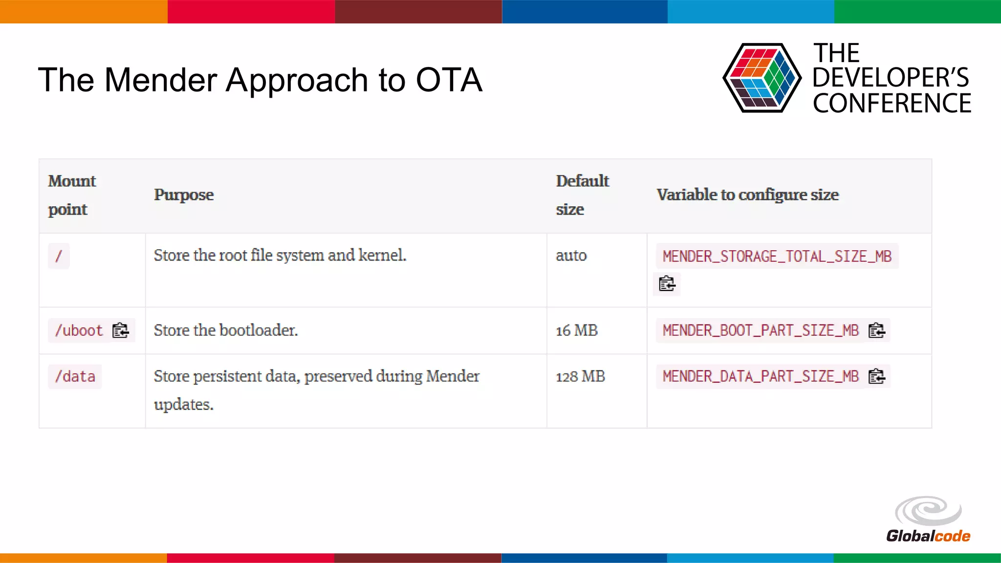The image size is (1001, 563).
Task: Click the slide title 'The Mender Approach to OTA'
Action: (x=260, y=80)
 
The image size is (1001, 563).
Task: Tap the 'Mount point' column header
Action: (x=72, y=195)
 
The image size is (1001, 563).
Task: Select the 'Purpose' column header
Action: (x=184, y=195)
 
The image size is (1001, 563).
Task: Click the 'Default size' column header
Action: (x=582, y=195)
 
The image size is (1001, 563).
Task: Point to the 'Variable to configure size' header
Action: (x=747, y=195)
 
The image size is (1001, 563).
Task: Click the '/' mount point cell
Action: (x=59, y=256)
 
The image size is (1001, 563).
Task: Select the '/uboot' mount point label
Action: (x=79, y=330)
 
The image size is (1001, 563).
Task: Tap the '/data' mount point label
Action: (x=75, y=377)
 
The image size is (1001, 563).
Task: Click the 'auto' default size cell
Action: (x=571, y=256)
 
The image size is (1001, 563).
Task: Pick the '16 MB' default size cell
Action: (x=577, y=330)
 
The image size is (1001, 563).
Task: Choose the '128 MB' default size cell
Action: (x=580, y=377)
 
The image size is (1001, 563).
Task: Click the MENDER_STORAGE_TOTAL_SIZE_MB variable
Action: (x=777, y=256)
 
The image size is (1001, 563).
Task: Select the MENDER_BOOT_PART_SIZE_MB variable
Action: (x=761, y=330)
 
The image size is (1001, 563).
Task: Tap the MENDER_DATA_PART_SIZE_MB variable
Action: (x=761, y=376)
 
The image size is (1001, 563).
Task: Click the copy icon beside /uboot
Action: (x=120, y=331)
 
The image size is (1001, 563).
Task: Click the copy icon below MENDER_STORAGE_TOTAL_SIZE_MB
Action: (x=667, y=284)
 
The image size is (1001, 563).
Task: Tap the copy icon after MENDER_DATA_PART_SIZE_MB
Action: (x=876, y=376)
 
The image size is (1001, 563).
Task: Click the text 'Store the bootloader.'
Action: (x=225, y=330)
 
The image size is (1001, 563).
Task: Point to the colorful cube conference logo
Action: (x=762, y=78)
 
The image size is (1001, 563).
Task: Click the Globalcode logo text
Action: (x=928, y=536)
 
